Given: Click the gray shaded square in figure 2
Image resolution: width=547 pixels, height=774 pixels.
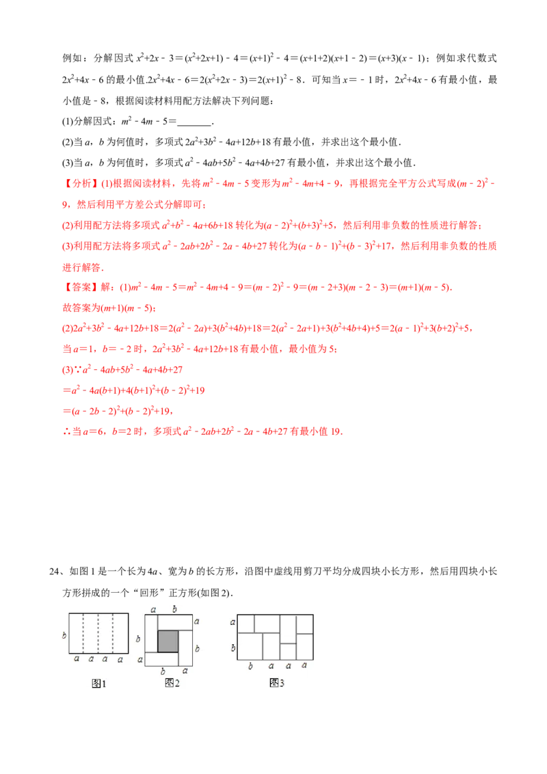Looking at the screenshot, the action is tap(168, 641).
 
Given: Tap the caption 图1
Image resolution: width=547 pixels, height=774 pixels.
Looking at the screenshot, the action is tap(99, 683).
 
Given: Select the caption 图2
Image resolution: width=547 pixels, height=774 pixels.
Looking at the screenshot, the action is tap(172, 683).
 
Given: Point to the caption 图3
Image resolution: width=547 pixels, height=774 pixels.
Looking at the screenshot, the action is tap(277, 683).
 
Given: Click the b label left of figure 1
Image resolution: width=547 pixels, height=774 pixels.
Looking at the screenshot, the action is tap(64, 635).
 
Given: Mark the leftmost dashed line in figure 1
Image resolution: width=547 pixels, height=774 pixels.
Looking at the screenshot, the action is tap(83, 633).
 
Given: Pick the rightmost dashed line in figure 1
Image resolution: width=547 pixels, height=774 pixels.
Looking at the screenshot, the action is tap(114, 633).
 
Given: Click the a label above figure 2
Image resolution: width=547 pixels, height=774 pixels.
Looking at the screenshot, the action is tap(152, 609).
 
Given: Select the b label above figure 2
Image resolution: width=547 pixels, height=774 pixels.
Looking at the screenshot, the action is tap(174, 609).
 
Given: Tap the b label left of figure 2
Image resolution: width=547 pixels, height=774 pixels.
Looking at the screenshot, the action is tap(139, 639).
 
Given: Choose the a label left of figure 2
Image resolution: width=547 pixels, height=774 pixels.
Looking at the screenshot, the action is tap(139, 659).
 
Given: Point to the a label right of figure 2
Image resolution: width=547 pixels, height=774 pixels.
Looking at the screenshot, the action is tap(197, 621).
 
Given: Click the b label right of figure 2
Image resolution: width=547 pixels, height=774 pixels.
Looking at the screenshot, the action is tap(198, 648).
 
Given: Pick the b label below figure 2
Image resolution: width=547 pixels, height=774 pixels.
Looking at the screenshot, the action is tap(162, 671).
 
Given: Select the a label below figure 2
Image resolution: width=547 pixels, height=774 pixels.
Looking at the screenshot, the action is tap(185, 671).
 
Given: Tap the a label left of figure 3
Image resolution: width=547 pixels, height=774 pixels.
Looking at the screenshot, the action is tap(232, 622).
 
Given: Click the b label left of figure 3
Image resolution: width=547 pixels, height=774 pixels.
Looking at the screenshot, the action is tap(232, 647).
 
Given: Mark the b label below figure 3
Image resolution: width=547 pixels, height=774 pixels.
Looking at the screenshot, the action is tap(251, 665).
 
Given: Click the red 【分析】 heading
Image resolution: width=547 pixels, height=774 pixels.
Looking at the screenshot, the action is tap(81, 184).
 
